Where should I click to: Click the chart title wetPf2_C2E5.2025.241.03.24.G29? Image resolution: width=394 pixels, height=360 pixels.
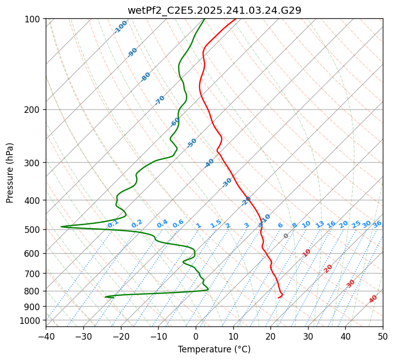click(214, 10)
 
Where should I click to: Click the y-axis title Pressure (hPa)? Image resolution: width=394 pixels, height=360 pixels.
click(10, 173)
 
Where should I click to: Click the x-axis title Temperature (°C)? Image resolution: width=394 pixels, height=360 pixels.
click(214, 350)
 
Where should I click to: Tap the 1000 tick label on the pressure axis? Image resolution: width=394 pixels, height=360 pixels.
click(31, 321)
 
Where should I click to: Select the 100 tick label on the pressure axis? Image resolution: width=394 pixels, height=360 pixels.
click(34, 19)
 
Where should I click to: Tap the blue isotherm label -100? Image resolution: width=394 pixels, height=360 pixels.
click(120, 27)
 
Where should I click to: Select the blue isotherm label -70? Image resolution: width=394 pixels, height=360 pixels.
click(160, 100)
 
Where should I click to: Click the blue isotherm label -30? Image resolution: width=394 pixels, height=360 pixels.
click(227, 183)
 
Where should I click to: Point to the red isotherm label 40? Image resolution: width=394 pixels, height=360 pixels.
click(373, 299)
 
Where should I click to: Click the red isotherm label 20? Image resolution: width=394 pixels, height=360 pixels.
click(328, 268)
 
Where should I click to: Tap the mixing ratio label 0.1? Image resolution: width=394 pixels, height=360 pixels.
click(113, 224)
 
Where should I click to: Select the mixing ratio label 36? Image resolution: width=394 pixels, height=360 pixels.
click(377, 224)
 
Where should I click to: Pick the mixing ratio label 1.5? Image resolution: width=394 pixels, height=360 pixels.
click(216, 223)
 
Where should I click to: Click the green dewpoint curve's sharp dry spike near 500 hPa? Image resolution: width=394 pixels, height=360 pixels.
click(62, 227)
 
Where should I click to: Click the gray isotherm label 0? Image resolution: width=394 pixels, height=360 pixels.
click(286, 236)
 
